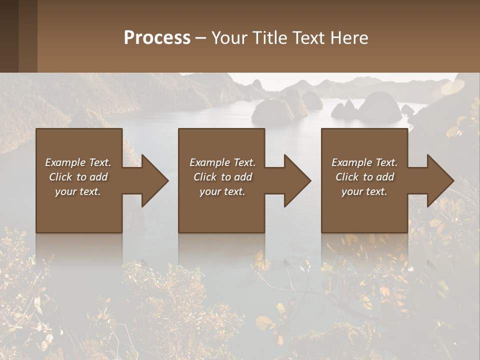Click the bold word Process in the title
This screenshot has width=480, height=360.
tap(157, 38)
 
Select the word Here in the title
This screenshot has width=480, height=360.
tap(349, 38)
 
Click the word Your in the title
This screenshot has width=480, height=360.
tap(229, 38)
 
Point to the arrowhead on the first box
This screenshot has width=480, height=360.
tap(152, 180)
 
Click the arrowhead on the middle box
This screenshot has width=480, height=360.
tap(295, 180)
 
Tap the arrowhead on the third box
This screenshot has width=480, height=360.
tap(438, 180)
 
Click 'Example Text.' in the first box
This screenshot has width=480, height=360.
tap(78, 162)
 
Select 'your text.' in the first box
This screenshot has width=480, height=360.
tap(78, 191)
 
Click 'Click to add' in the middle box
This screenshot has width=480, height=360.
tap(222, 177)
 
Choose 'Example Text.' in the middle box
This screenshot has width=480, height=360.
tap(222, 162)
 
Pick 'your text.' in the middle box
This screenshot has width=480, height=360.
tap(222, 191)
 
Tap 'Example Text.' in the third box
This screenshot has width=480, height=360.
tap(364, 162)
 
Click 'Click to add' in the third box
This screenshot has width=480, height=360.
tap(364, 177)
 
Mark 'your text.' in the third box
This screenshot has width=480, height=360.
tap(364, 191)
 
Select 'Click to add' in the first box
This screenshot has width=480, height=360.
tap(78, 177)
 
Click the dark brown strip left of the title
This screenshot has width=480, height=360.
tap(9, 36)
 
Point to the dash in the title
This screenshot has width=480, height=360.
tap(200, 38)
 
